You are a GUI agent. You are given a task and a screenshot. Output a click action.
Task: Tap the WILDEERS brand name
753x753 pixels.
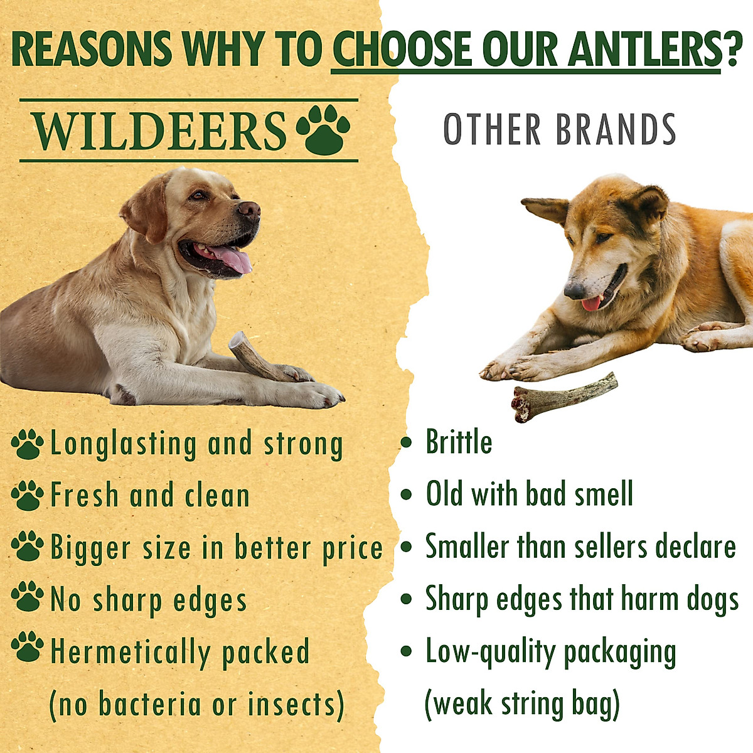159,131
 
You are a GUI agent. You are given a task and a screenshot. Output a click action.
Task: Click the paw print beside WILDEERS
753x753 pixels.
323,129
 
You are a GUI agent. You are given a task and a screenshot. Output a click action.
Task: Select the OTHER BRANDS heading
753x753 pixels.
559,129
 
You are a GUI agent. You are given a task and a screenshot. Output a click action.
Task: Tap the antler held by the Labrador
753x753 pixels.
257,359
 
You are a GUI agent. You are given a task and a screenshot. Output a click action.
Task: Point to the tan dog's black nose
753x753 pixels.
574,291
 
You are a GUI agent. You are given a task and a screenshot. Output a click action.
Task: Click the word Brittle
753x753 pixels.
459,442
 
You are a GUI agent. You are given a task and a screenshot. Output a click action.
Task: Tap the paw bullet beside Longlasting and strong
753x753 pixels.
27,444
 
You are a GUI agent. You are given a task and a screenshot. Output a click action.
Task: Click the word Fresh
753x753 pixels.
84,495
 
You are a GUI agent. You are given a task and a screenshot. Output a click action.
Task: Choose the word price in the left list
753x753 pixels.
352,548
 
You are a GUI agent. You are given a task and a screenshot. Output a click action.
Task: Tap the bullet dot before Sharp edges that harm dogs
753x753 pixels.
407,599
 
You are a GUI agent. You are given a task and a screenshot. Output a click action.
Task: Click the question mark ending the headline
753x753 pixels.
732,49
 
